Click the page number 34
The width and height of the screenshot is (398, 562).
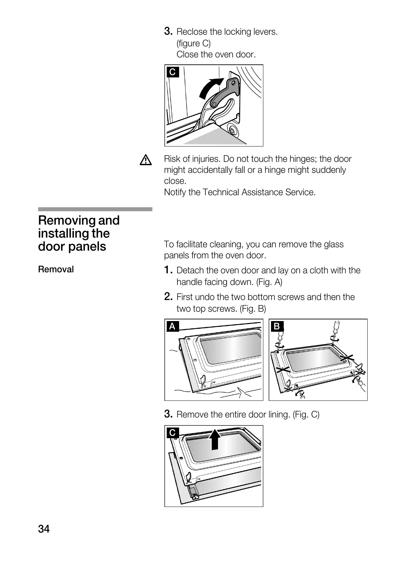tap(44, 529)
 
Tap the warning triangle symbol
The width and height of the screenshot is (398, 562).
tap(146, 161)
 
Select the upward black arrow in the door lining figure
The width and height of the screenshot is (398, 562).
tap(215, 439)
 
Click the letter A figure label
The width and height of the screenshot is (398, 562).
tap(172, 326)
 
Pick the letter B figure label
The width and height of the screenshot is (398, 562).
tap(277, 326)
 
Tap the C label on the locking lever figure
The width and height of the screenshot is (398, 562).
tap(172, 72)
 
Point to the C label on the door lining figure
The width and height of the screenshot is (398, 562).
tap(172, 433)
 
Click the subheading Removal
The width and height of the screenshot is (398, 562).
tap(56, 269)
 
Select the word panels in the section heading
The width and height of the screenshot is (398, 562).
tap(89, 247)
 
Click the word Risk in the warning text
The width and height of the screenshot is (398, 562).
tap(172, 159)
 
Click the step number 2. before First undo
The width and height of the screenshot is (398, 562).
tap(168, 296)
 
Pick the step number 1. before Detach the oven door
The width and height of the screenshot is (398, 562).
tap(168, 270)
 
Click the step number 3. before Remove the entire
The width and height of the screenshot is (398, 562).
tap(168, 414)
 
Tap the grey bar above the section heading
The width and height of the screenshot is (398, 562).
tap(95, 209)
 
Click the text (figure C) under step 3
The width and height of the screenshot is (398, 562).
tap(193, 43)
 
